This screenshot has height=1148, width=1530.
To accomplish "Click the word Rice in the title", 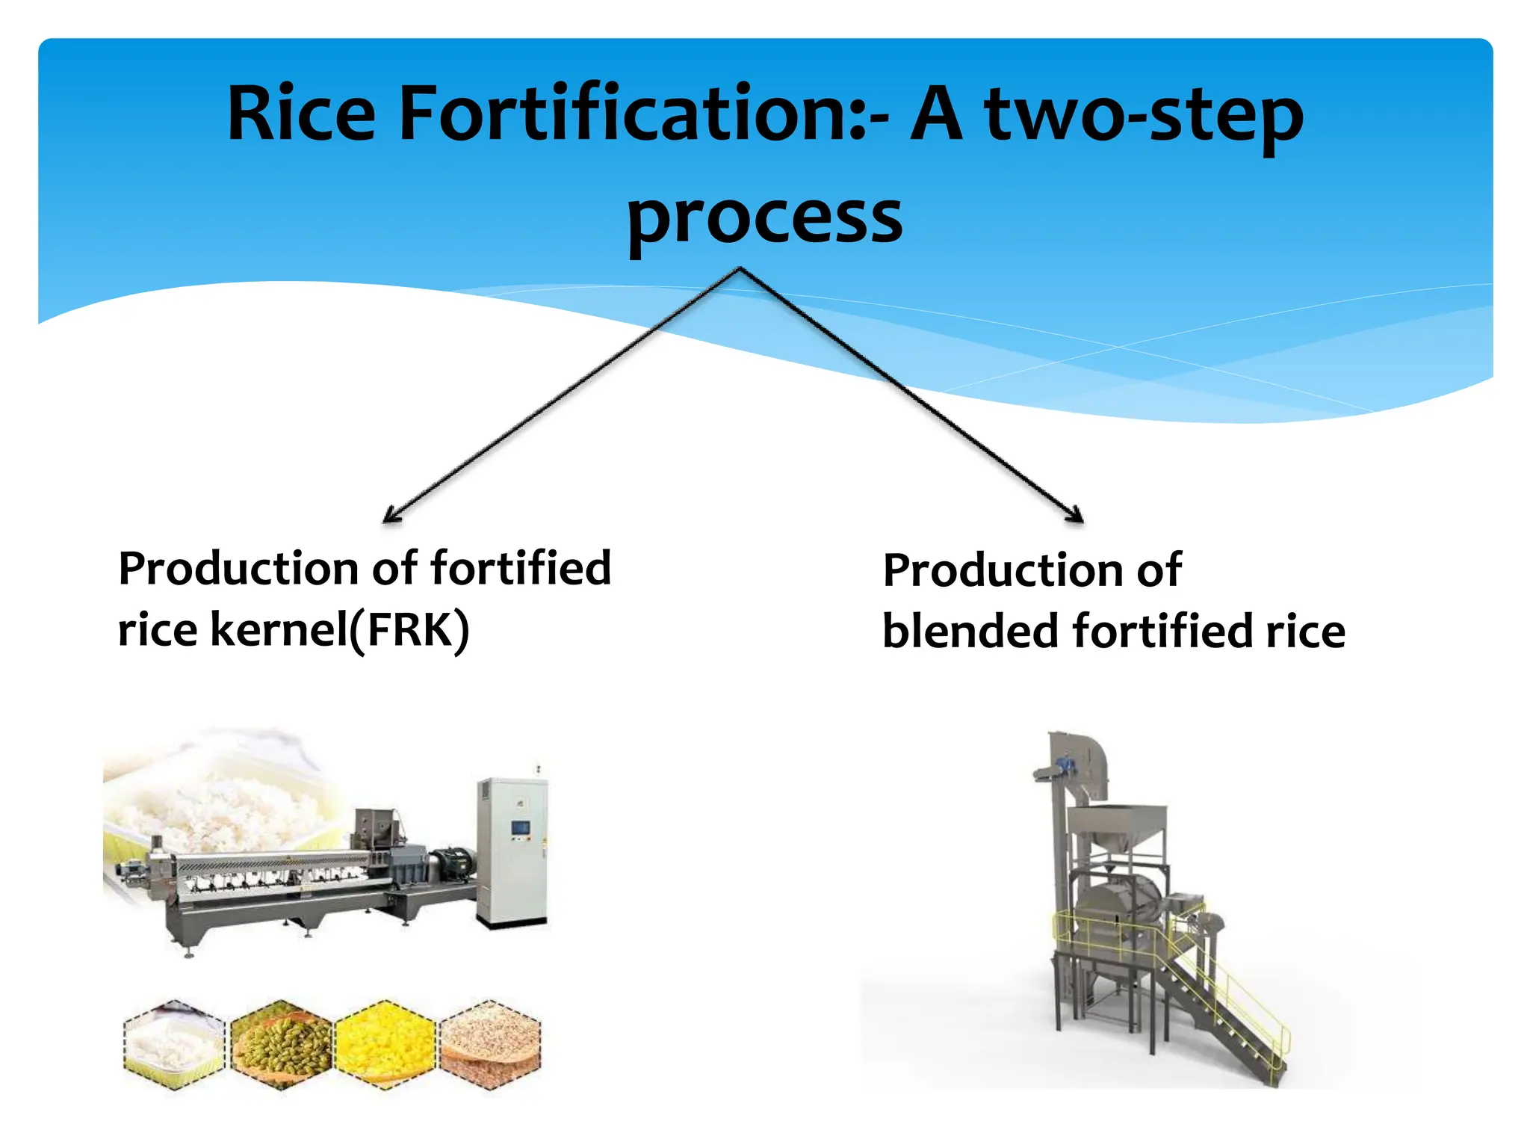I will tap(301, 114).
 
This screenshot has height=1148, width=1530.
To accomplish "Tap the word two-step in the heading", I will tap(1143, 117).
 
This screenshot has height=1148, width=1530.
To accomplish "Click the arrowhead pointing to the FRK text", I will tap(390, 515).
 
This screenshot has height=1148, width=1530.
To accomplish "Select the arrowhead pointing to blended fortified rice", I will tap(1076, 515).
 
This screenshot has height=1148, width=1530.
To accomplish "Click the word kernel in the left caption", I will tap(278, 629).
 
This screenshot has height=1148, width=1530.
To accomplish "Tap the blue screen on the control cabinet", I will tap(520, 827).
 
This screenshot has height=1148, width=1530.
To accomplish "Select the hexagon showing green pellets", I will tap(280, 1044).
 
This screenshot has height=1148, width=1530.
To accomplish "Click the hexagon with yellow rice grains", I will tap(385, 1044).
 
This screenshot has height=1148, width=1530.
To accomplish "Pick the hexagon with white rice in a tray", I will tap(174, 1044).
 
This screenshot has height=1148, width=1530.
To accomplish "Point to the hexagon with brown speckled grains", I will tap(490, 1044).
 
